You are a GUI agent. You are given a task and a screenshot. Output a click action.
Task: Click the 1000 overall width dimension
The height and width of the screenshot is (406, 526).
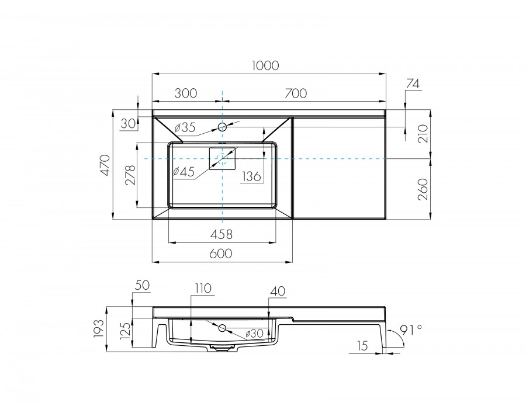266,66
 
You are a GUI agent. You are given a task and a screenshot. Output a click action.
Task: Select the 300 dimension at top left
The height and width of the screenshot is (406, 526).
185,93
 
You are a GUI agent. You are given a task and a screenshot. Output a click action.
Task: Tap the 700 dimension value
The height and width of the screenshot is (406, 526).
296,93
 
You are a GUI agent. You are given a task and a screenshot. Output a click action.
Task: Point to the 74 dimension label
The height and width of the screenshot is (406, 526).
412,84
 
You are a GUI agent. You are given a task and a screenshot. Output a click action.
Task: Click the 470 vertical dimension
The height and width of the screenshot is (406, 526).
105,165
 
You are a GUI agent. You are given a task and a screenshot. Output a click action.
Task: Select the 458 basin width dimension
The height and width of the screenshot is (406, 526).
222,234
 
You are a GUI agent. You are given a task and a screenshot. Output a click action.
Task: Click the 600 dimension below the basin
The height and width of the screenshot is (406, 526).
222,253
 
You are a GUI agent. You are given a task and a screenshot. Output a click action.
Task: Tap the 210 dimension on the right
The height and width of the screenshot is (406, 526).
424,134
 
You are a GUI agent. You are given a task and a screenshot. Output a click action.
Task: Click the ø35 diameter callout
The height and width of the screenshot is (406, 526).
185,127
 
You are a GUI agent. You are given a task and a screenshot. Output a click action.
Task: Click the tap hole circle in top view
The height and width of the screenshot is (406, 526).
223,126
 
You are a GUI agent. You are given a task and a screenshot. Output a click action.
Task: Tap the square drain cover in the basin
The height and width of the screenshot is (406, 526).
222,158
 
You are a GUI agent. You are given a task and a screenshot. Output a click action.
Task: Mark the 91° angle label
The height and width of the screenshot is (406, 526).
411,330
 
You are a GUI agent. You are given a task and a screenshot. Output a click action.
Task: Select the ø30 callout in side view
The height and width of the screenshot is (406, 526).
255,333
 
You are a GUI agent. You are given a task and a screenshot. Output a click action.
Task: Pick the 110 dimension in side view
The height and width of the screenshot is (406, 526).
203,288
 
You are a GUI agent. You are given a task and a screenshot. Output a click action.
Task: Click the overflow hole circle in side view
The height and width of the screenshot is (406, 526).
222,328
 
